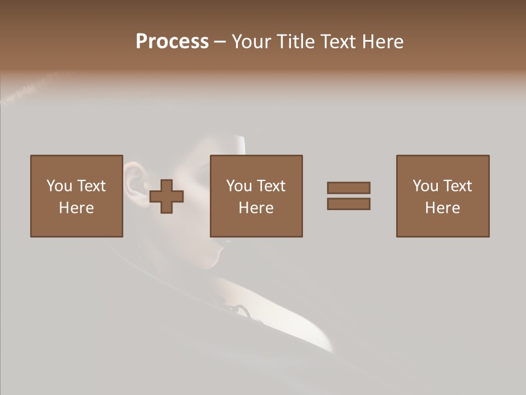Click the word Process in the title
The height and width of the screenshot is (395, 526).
172,42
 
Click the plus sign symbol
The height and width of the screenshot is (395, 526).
167,196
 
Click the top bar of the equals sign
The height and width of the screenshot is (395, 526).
348,188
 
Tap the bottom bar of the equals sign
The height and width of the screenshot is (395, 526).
348,204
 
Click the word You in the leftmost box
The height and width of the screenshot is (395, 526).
59,186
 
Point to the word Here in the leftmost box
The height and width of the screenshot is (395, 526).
76,208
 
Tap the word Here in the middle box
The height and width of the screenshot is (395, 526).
256,208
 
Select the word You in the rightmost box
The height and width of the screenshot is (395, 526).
425,186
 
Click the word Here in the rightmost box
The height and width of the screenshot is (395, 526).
442,208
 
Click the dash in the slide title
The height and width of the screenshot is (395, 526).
220,42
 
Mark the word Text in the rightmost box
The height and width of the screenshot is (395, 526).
457,186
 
